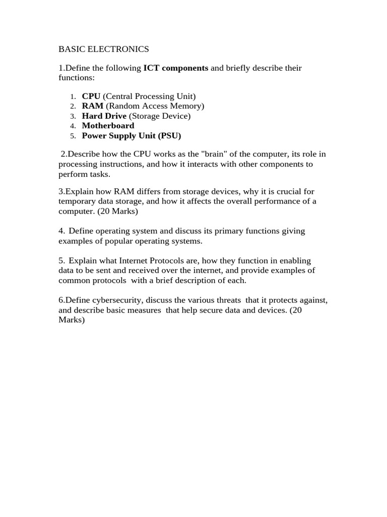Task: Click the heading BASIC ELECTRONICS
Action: [104, 49]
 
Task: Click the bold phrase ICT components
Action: [176, 68]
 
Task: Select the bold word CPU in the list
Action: [91, 96]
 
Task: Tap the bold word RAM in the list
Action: [93, 106]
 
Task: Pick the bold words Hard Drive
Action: [104, 116]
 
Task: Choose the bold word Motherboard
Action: [108, 126]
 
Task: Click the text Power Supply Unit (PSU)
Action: [131, 136]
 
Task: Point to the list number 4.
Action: [73, 126]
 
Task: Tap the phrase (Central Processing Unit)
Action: [149, 96]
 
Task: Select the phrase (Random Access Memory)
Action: [155, 106]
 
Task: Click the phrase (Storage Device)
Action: [160, 116]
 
